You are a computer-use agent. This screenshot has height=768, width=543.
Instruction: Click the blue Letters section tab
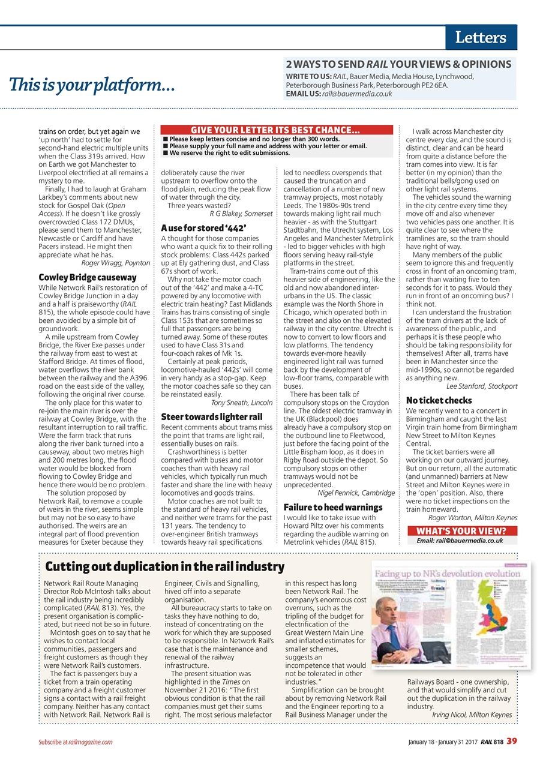click(x=481, y=38)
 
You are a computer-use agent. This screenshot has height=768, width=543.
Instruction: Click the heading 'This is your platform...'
click(x=92, y=86)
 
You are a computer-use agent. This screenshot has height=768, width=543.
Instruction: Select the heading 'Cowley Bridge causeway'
click(x=88, y=277)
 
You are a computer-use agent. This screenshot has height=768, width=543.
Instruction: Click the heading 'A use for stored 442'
click(x=204, y=227)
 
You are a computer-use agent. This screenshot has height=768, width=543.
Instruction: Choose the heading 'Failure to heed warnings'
click(x=332, y=507)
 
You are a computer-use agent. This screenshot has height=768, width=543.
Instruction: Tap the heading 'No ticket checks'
click(x=439, y=400)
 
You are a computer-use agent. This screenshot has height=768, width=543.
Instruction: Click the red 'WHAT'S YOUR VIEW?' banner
click(x=461, y=530)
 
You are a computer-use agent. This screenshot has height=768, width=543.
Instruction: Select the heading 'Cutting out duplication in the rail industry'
click(x=165, y=566)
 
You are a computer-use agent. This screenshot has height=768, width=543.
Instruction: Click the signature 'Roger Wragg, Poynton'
click(x=115, y=262)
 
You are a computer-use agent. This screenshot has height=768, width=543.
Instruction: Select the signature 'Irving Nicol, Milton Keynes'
click(x=472, y=715)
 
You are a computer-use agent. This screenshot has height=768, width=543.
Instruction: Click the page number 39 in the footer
click(x=511, y=741)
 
